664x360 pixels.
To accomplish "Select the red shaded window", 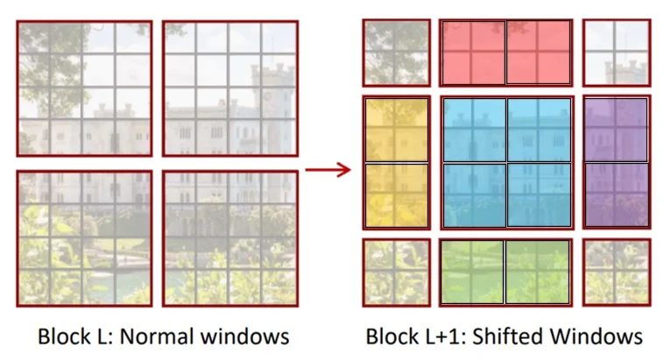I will pos(505,53).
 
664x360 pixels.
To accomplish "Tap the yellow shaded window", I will pos(396,163).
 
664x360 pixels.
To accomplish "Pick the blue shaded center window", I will pos(505,163).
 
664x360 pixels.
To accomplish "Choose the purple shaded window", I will pos(617,163).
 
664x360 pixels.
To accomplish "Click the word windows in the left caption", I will pos(248,336).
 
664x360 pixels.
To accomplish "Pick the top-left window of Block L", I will pos(84,88).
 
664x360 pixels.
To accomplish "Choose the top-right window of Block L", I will pos(230,88).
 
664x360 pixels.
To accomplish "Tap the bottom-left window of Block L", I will pos(84,238).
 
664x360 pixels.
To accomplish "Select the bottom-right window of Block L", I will pos(230,238).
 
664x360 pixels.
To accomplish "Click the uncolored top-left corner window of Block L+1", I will pos(396,53).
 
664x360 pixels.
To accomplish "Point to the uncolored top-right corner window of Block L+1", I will pos(617,53).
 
